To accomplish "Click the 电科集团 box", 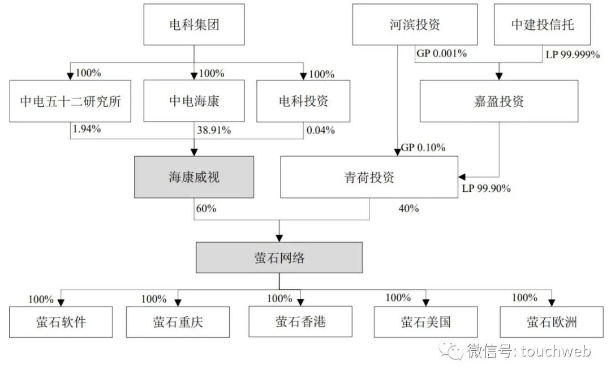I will (x=194, y=25).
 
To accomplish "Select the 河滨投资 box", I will (x=415, y=25).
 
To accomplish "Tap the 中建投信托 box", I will (x=543, y=25).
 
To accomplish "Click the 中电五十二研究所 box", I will (x=71, y=101).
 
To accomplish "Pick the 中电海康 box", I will (x=194, y=101).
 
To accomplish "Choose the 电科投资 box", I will (x=303, y=101).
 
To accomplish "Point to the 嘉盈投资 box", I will (x=499, y=101).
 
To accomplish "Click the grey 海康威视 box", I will (x=194, y=177).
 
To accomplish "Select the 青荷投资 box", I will (x=369, y=177).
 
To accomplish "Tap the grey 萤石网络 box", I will (x=279, y=257).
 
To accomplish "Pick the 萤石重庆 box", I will (x=178, y=322).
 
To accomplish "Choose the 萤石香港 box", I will (x=301, y=321).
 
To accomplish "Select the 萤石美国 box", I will (x=427, y=322).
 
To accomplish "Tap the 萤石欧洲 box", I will (x=552, y=322).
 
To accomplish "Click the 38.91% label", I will (x=214, y=130).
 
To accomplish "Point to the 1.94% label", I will (x=86, y=129).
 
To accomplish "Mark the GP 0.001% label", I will (x=441, y=54).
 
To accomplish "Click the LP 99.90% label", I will (x=487, y=189).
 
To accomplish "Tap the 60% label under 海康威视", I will (x=206, y=208).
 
